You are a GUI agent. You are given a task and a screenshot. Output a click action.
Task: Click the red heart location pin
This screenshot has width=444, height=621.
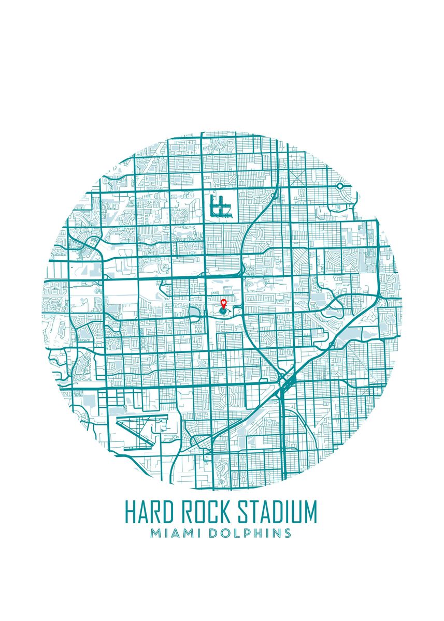223,303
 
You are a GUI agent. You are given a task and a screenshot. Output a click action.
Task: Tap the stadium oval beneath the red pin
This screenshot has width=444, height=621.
223,312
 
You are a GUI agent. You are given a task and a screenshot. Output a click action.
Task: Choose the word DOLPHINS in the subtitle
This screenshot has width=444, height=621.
250,533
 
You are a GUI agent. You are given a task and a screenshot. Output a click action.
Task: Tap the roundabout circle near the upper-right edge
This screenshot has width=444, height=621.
340,186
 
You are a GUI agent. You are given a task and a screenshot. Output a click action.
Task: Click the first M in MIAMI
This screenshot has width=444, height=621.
155,533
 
